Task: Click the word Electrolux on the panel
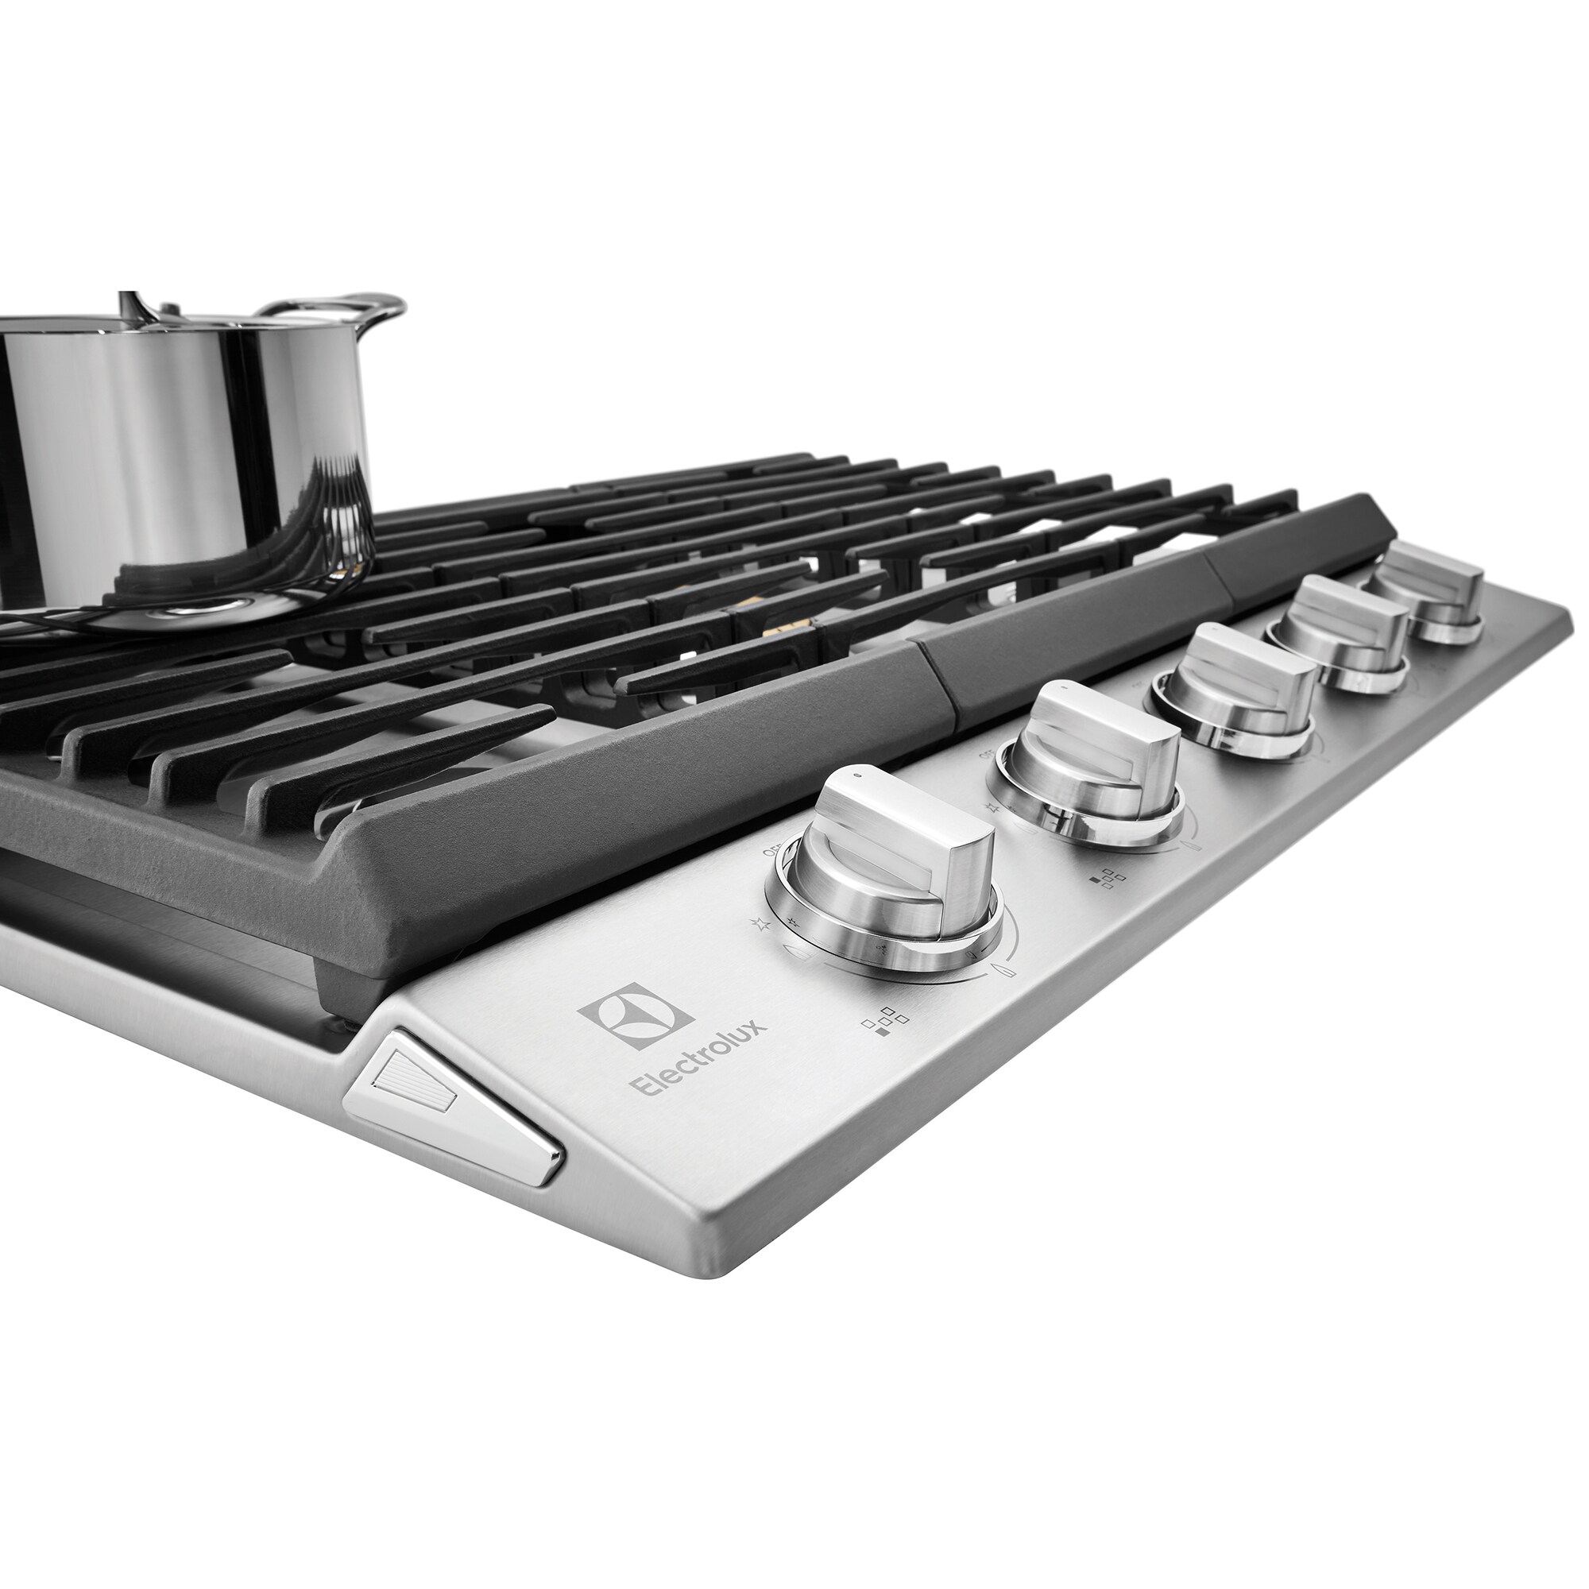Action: click(x=698, y=1061)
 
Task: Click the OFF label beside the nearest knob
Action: click(x=774, y=852)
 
